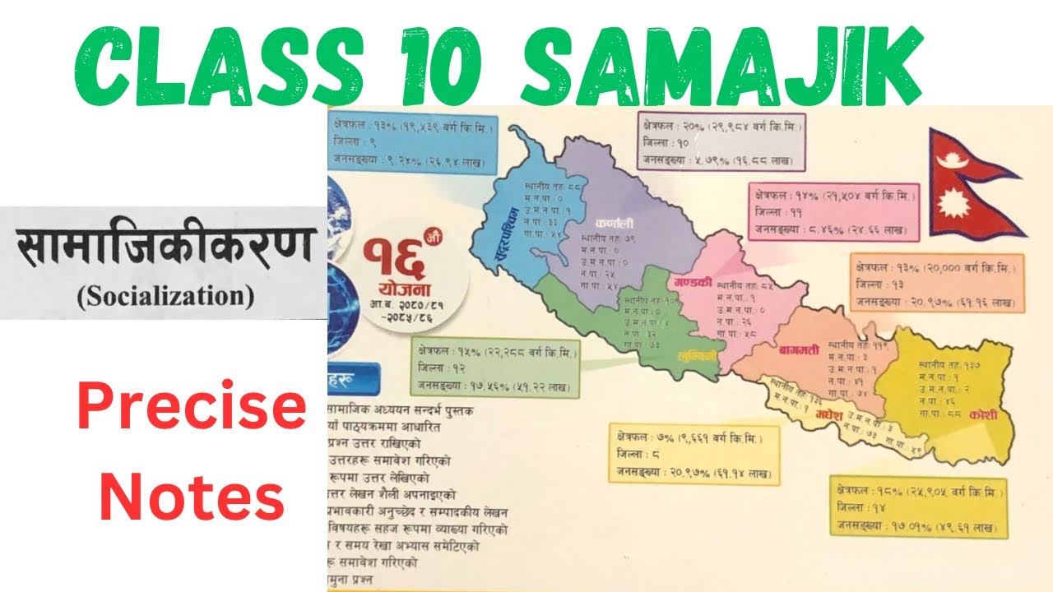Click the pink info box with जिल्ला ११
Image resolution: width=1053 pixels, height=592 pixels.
[x=833, y=212]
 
